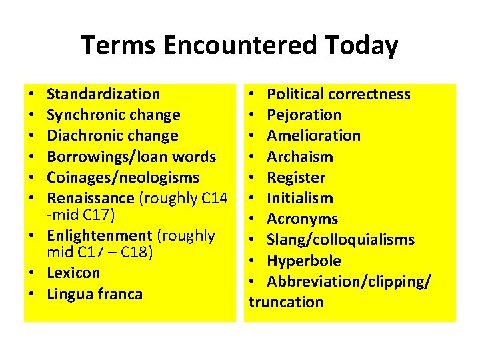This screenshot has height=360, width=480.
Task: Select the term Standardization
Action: tap(103, 94)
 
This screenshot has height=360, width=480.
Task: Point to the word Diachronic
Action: tap(80, 135)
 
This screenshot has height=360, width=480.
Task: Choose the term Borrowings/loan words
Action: tap(131, 157)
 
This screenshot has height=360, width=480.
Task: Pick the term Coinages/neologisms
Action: tap(123, 177)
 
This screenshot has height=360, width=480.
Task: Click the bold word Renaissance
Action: tap(91, 198)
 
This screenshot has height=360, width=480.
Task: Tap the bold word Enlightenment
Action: tap(99, 235)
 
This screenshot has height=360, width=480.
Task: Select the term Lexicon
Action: tap(73, 273)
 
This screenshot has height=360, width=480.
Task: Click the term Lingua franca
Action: tap(95, 294)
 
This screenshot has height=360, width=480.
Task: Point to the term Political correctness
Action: tap(339, 94)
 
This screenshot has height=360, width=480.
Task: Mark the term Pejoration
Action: tap(304, 115)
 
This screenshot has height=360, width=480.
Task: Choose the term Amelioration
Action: tap(313, 135)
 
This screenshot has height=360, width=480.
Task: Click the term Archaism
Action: tap(299, 157)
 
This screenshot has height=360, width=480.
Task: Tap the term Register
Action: tap(296, 177)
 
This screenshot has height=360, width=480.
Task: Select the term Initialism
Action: tap(300, 198)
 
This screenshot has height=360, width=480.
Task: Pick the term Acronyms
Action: tap(302, 219)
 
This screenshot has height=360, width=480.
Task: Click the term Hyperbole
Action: tap(303, 261)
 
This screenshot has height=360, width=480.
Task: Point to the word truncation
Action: tap(286, 302)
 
